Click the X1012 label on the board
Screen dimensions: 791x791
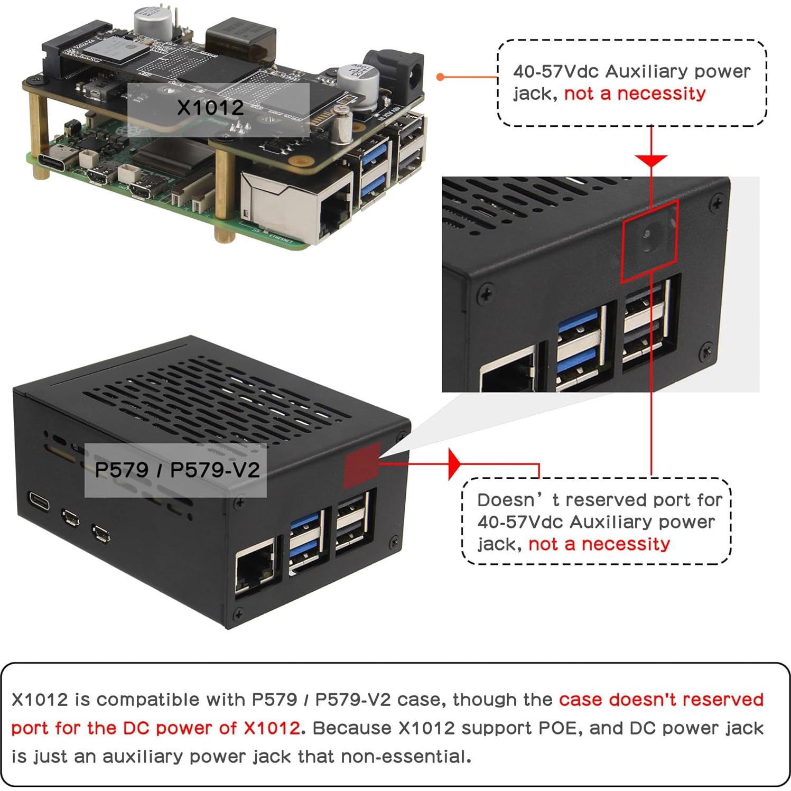pos(210,108)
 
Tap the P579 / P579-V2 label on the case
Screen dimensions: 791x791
pos(176,470)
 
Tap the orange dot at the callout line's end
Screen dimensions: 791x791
pos(440,77)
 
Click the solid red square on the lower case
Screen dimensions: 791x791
pos(361,466)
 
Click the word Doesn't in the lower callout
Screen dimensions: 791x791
pos(506,500)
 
